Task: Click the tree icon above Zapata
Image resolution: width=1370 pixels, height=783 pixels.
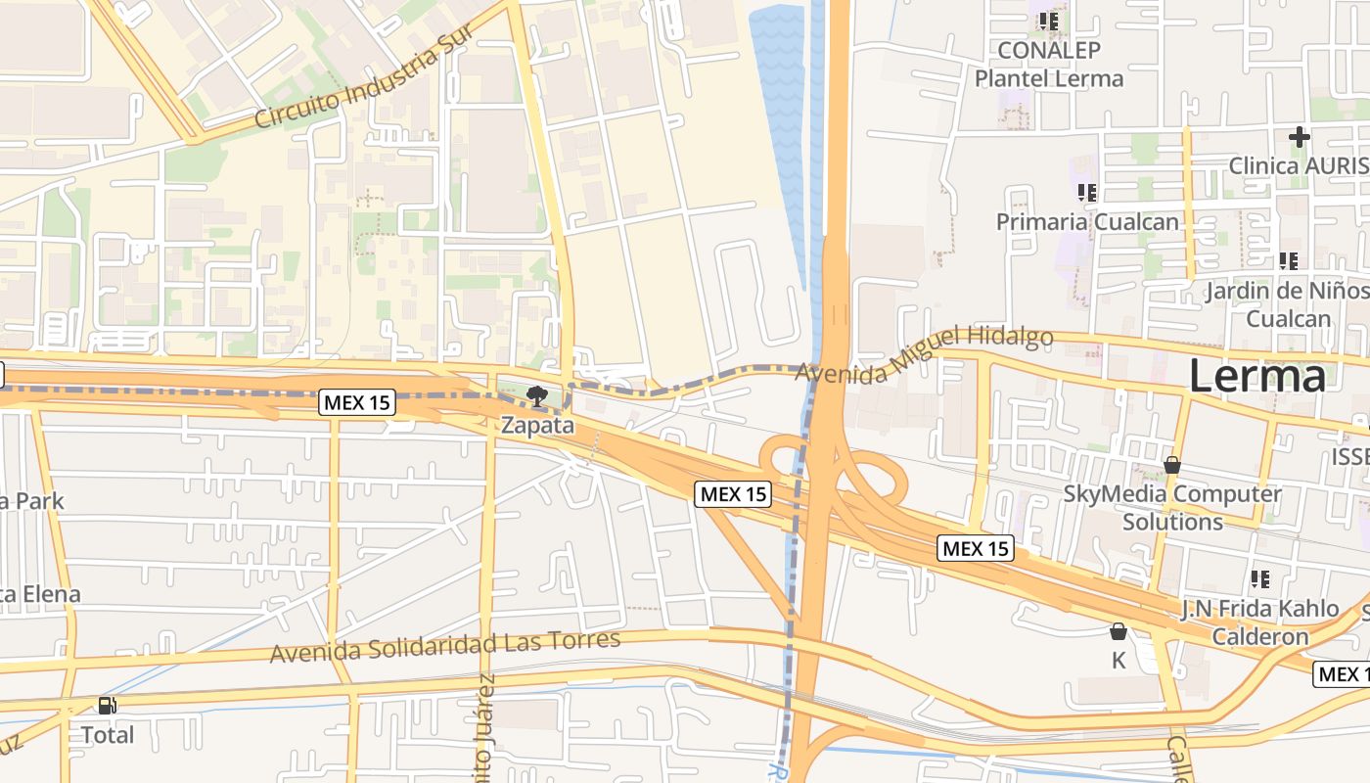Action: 535,396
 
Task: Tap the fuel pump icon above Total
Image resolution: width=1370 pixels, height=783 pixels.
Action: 107,706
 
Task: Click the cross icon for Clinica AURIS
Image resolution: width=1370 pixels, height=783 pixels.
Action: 1299,137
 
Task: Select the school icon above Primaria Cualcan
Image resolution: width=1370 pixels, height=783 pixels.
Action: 1086,193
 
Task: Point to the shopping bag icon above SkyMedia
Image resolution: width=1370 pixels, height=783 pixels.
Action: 1171,465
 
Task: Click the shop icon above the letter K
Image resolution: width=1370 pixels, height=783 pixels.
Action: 1118,632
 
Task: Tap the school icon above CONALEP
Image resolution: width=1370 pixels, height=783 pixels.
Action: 1049,21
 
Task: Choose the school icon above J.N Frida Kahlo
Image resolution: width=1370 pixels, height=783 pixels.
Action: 1259,579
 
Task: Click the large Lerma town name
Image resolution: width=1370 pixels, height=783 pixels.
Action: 1257,377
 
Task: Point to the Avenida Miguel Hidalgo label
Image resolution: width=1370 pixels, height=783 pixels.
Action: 924,353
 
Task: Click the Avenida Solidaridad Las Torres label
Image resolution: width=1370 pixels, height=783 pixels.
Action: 445,646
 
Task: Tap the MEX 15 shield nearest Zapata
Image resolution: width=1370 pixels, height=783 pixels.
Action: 357,402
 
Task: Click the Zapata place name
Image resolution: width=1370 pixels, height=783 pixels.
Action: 536,426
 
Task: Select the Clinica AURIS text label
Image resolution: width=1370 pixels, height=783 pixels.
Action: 1299,165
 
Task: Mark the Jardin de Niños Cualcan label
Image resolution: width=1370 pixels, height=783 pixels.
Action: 1287,304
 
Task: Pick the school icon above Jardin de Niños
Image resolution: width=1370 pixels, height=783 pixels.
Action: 1288,261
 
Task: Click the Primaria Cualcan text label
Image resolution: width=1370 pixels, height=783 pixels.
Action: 1087,222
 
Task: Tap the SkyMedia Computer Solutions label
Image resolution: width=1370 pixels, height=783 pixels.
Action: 1172,507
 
